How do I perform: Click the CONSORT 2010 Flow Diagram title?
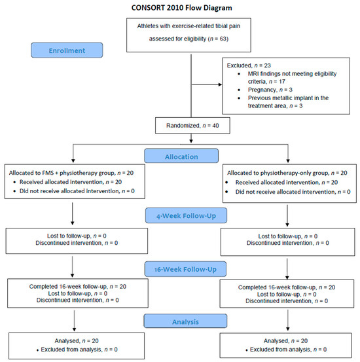coord(181,8)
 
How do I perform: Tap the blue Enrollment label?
coord(67,50)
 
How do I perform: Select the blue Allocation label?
coord(181,156)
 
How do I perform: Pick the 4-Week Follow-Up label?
coord(186,215)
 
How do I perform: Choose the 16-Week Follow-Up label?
coord(185,269)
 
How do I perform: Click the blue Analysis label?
coord(185,321)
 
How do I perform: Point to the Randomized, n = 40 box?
coord(192,126)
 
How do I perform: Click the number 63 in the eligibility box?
coord(223,39)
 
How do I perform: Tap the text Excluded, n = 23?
coord(249,65)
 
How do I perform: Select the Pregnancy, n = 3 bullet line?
coord(270,90)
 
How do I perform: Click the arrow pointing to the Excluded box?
coord(207,84)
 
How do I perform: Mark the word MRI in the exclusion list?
coord(253,74)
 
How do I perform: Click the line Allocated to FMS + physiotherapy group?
coord(71,173)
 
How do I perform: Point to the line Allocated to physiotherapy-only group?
coord(287,173)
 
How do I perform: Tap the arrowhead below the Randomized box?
coord(191,141)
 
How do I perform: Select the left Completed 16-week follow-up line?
coord(78,287)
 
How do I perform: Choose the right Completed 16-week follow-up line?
coord(287,287)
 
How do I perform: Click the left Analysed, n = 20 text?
coord(77,341)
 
